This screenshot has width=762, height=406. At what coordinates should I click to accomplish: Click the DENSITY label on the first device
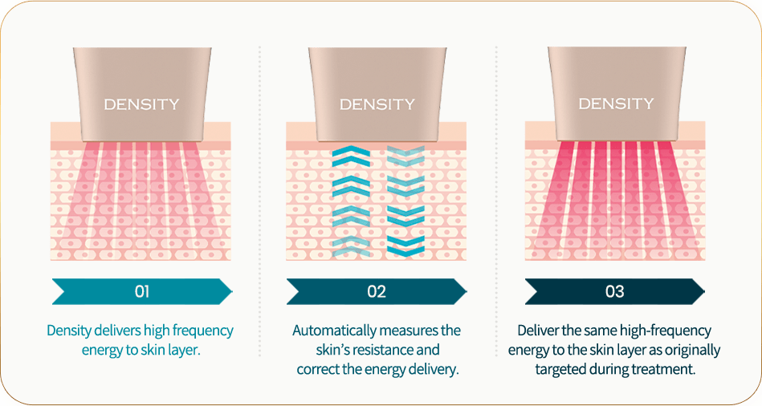141,104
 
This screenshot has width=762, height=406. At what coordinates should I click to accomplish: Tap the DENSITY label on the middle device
377,104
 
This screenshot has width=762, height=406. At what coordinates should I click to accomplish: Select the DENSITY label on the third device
616,104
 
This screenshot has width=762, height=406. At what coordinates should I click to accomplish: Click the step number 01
141,291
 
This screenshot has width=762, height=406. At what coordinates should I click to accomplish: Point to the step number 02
377,291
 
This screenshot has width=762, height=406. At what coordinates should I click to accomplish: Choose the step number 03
614,291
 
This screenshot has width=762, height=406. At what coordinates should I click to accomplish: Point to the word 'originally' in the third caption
692,351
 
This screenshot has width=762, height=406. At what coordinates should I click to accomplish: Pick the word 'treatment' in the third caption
666,370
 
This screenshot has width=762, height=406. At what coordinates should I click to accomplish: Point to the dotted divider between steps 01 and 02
260,201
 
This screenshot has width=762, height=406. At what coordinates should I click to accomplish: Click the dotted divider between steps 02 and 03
496,201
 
